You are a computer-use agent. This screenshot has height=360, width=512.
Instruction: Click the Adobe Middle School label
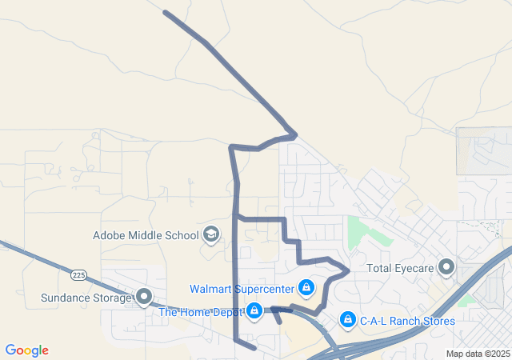click(x=146, y=235)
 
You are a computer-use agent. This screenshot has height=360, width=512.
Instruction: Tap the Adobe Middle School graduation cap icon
click(x=211, y=234)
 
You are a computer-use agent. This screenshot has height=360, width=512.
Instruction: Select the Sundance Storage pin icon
click(x=145, y=298)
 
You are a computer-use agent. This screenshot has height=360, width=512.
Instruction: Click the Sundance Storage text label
click(x=86, y=298)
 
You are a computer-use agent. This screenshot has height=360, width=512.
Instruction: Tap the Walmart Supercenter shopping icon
click(x=306, y=287)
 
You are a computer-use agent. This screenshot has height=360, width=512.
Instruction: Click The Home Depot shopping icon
click(x=254, y=310)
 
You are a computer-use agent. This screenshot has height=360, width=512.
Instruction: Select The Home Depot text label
click(x=200, y=312)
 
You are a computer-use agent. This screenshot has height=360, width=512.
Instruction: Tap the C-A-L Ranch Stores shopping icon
click(x=347, y=320)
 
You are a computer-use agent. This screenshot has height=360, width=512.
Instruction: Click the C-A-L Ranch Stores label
click(x=407, y=321)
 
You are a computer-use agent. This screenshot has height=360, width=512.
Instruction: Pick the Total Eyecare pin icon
click(x=446, y=267)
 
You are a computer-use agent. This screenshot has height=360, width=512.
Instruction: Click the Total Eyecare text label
click(x=401, y=269)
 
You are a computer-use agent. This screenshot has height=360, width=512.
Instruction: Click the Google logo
click(x=26, y=350)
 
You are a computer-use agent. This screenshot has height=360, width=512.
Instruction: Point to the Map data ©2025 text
click(x=477, y=354)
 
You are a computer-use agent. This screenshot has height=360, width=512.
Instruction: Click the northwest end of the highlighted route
click(x=165, y=12)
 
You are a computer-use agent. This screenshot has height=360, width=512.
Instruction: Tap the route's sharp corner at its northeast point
click(x=295, y=134)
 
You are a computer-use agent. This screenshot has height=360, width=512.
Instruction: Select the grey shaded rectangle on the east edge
click(x=483, y=150)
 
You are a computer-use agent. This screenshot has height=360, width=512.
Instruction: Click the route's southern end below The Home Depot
click(x=254, y=348)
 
